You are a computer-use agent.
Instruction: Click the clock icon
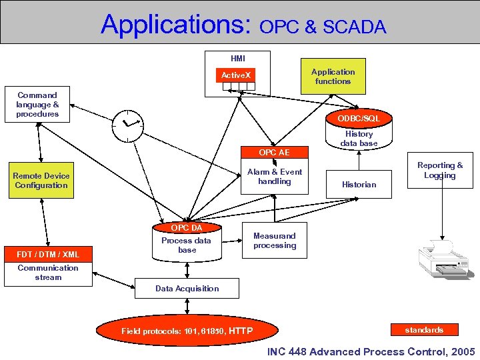[127, 126]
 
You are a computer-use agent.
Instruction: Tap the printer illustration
[443, 259]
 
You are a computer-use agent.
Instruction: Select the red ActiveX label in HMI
[235, 75]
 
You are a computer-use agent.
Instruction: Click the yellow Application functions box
[333, 76]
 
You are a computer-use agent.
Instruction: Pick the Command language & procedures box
[37, 105]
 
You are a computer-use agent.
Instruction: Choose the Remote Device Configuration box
[41, 180]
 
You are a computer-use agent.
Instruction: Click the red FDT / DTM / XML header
[48, 254]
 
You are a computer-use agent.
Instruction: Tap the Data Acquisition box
[187, 289]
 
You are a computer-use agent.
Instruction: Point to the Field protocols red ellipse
[187, 331]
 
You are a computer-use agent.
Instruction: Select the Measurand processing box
[275, 240]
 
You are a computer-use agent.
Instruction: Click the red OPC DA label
[187, 227]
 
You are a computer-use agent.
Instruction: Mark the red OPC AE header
[275, 152]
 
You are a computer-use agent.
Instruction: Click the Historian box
[359, 184]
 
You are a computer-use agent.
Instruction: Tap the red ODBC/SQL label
[359, 119]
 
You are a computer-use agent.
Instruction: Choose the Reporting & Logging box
[440, 170]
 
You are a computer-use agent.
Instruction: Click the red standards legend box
[425, 330]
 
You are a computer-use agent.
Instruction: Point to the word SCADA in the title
[355, 27]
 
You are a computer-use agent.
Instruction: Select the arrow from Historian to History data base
[359, 160]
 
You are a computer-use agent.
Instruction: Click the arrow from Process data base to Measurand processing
[232, 241]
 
